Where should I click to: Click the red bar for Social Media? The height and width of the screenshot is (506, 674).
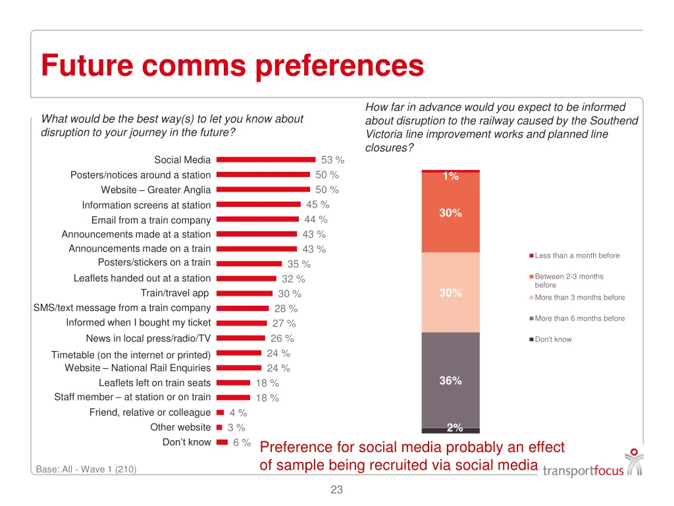coord(266,159)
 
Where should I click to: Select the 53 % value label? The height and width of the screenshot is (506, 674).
coord(332,160)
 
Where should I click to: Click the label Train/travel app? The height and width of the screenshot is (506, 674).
coord(174,293)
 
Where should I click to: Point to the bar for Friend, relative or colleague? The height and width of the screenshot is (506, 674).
coord(220,412)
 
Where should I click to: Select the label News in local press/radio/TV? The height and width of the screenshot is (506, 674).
coord(148,338)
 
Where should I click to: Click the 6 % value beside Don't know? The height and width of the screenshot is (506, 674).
coord(242,443)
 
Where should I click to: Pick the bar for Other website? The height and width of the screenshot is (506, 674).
coord(219,427)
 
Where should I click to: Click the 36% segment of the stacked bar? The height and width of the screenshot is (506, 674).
coord(451,380)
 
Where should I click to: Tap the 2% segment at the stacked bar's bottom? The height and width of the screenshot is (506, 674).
coord(451,430)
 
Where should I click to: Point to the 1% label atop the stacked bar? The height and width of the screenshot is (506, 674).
coord(451,176)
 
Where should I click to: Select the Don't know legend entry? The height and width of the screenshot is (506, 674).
coord(553,339)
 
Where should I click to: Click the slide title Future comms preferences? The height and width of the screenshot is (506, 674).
coord(232,66)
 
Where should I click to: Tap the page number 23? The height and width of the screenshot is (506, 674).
coord(337,490)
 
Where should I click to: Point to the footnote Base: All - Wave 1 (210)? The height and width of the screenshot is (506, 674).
coord(86,469)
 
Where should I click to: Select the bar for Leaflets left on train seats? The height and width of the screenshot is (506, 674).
coord(234,383)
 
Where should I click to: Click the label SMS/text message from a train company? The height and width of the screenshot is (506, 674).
coord(122,308)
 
